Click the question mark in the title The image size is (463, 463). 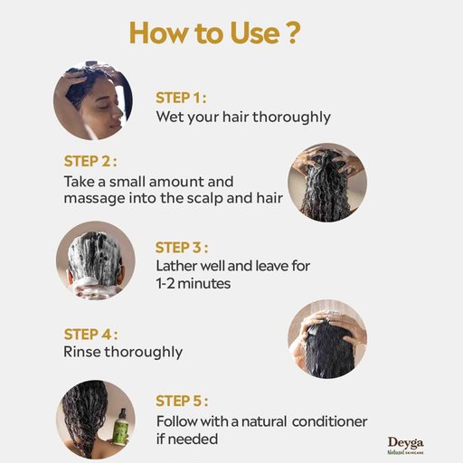point(293,33)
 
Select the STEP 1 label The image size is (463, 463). point(181,98)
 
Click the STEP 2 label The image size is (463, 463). point(90,161)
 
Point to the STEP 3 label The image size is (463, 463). point(182,248)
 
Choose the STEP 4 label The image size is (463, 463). point(90,335)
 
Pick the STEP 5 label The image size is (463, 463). point(182,401)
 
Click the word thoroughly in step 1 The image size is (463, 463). point(292,118)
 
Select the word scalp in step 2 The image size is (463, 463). point(205,199)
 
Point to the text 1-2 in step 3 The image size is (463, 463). point(165,284)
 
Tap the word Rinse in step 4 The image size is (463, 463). point(82,352)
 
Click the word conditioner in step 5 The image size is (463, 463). point(329,421)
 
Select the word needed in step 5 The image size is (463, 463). point(193,439)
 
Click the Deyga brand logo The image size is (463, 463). point(406,446)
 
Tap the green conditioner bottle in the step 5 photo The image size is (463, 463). point(120,428)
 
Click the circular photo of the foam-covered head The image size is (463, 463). point(96,260)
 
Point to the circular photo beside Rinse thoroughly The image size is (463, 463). point(327,339)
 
